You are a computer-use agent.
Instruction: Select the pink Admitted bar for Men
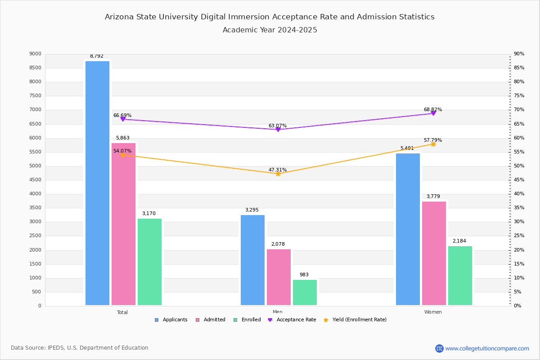click(279, 277)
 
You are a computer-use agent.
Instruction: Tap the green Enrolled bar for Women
click(460, 275)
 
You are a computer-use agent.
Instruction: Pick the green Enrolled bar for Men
click(305, 292)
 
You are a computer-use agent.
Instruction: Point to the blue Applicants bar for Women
click(408, 229)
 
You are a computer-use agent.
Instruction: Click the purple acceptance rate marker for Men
click(278, 130)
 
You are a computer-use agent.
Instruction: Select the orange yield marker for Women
click(433, 144)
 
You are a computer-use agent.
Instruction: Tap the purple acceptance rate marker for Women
click(433, 113)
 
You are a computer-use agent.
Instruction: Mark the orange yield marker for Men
click(278, 174)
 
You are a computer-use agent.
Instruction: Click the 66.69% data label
click(122, 116)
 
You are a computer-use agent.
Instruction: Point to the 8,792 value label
click(97, 56)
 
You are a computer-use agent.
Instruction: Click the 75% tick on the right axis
click(519, 96)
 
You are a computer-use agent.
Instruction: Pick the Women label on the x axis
click(433, 312)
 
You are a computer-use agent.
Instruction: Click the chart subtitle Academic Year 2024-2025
click(270, 30)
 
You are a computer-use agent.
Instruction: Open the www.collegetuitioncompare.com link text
click(487, 348)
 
